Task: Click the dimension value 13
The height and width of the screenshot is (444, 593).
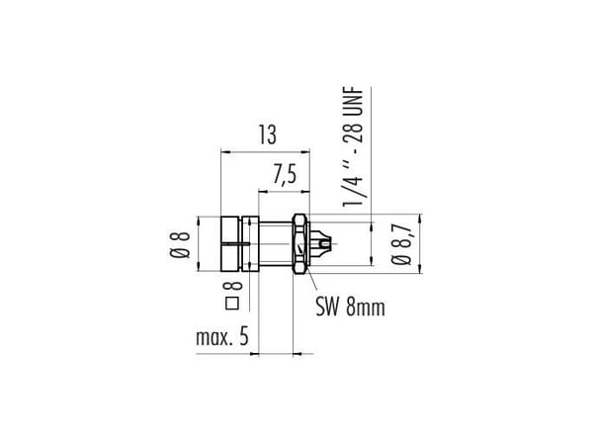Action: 268,135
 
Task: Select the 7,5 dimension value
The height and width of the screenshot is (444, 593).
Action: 285,175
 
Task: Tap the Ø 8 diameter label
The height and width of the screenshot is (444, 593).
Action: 180,245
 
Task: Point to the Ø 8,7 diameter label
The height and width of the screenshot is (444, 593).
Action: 401,244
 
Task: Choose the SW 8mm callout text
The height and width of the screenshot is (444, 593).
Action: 350,307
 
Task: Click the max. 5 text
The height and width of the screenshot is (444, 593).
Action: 222,336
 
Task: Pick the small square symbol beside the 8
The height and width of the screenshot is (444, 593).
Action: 232,304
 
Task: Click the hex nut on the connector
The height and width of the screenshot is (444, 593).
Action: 301,244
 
